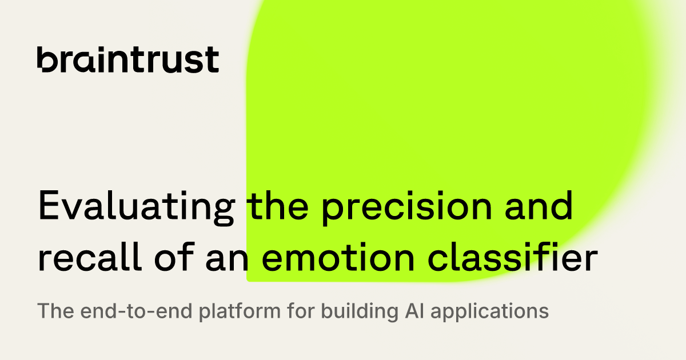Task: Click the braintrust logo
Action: (x=128, y=59)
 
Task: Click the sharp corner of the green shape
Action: (x=249, y=279)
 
